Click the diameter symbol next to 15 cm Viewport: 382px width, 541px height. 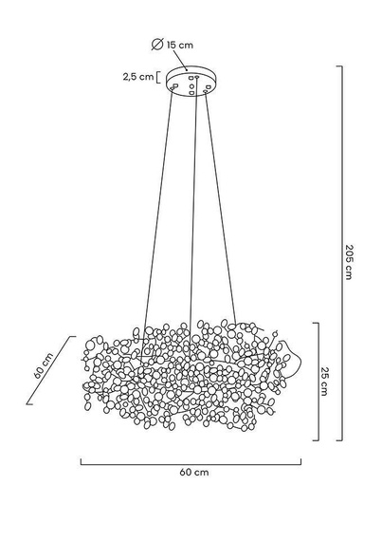(x=157, y=43)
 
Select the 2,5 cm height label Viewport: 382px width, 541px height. (x=137, y=77)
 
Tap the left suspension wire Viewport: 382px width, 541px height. (x=157, y=209)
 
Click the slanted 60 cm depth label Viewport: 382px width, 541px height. (x=41, y=367)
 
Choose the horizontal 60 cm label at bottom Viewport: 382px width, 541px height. (x=192, y=472)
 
